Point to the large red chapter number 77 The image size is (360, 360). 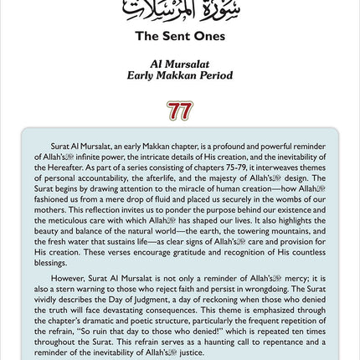(179, 111)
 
